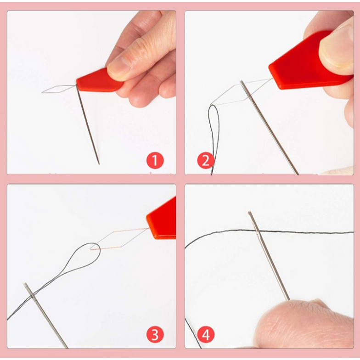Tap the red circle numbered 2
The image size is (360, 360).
tap(206, 160)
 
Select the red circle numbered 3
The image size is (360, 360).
tap(155, 334)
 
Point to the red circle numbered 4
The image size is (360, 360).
tap(206, 334)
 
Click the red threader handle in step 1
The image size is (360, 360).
tap(100, 81)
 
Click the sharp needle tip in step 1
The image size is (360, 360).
tap(99, 164)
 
